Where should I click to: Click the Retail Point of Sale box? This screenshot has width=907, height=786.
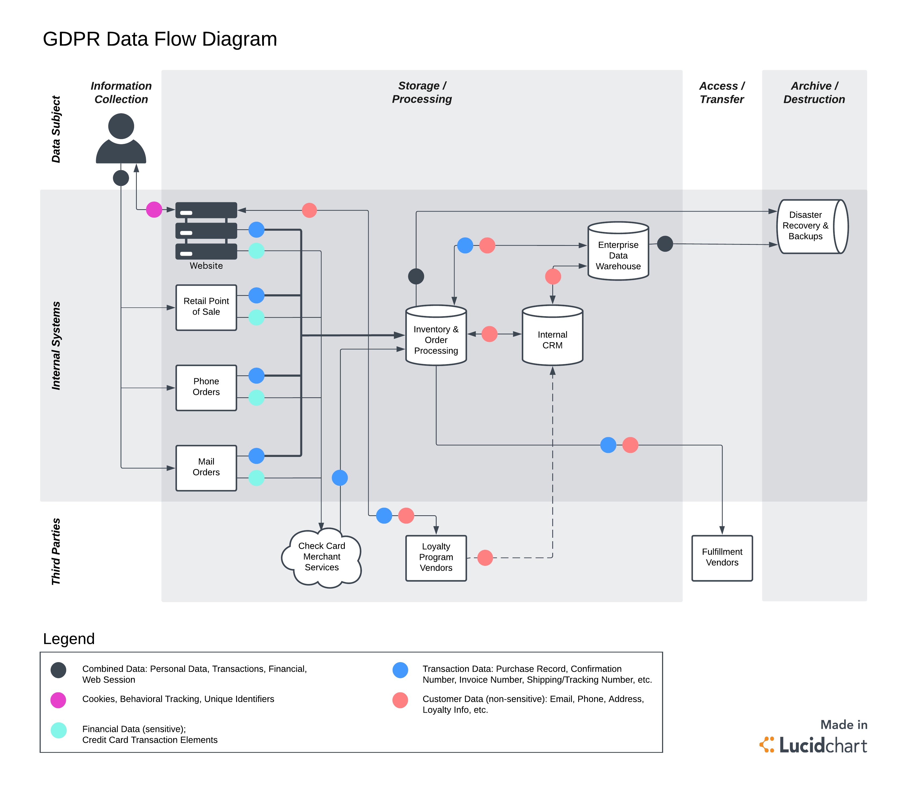click(x=206, y=307)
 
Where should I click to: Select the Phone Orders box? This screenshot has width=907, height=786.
click(x=206, y=388)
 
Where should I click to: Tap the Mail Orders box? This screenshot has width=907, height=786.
click(x=206, y=468)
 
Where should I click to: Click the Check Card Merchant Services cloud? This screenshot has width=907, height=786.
click(x=321, y=557)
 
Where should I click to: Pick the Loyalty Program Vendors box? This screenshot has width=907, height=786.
click(x=436, y=558)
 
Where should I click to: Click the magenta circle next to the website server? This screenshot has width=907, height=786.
click(x=154, y=210)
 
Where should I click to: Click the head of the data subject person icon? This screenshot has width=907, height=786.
click(x=121, y=126)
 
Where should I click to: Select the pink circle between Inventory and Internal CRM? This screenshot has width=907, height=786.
click(x=489, y=334)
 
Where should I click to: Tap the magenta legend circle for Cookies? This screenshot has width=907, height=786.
click(x=58, y=700)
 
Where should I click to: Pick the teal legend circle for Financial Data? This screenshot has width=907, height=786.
click(x=58, y=730)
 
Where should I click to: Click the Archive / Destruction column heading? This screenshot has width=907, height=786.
click(x=814, y=93)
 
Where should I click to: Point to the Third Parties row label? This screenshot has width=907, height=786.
click(x=56, y=551)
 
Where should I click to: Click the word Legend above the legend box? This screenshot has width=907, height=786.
click(x=69, y=639)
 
